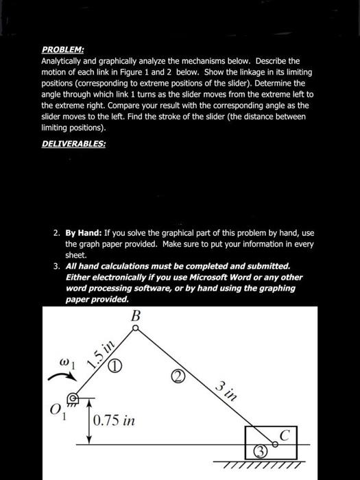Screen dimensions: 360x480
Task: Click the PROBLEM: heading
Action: point(62,50)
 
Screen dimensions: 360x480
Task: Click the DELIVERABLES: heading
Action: point(73,144)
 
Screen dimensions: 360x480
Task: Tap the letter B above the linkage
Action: point(135,317)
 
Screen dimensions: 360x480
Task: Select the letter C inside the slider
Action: point(284,434)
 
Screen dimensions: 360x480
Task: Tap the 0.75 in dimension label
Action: point(115,419)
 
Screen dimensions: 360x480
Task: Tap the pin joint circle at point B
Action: point(135,329)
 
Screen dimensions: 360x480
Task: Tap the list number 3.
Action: point(57,265)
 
